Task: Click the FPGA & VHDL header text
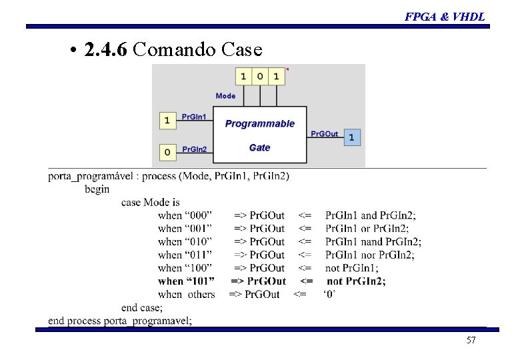tap(445, 17)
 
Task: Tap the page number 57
tap(471, 341)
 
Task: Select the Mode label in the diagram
tap(225, 96)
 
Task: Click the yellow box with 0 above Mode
tap(260, 76)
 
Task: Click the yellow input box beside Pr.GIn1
tap(167, 121)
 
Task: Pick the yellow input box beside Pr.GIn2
tap(167, 152)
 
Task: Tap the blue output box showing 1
tap(351, 137)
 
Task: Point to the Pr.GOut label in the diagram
tap(325, 134)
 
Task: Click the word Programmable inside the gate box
tap(260, 124)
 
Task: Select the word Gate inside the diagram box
tap(259, 147)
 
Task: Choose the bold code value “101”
tap(200, 281)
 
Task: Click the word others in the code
tap(201, 295)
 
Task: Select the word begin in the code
tap(97, 189)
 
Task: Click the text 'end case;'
tap(141, 307)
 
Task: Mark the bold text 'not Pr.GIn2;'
tap(356, 281)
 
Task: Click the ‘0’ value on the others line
tap(329, 295)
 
